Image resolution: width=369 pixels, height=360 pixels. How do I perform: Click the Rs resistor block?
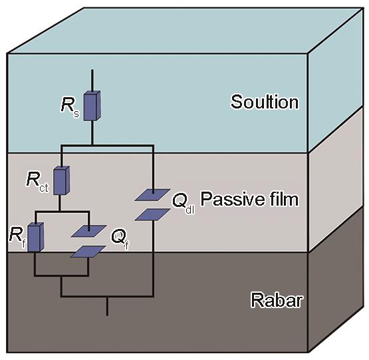pyautogui.click(x=92, y=106)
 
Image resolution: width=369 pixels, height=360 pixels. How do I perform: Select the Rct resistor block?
pyautogui.click(x=61, y=180)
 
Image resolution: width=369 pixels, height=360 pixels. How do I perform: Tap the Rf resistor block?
pyautogui.click(x=35, y=237)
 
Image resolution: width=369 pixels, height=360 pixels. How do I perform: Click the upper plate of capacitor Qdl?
pyautogui.click(x=152, y=194)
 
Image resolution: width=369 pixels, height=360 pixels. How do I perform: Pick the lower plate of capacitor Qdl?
pyautogui.click(x=152, y=214)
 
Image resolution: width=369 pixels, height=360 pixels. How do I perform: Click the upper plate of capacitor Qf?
pyautogui.click(x=88, y=231)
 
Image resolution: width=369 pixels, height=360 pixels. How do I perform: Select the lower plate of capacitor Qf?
pyautogui.click(x=88, y=252)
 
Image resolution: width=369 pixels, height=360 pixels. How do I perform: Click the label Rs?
pyautogui.click(x=70, y=107)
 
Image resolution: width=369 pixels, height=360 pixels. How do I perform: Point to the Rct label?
pyautogui.click(x=38, y=182)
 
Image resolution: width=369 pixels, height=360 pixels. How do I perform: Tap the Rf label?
pyautogui.click(x=17, y=238)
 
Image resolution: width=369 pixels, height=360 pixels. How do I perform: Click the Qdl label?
pyautogui.click(x=184, y=203)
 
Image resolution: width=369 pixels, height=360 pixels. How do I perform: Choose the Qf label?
pyautogui.click(x=120, y=239)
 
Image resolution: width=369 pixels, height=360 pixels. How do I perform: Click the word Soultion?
pyautogui.click(x=265, y=102)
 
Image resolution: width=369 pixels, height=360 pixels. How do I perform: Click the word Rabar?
pyautogui.click(x=277, y=300)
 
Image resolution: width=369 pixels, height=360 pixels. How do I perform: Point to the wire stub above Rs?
pyautogui.click(x=92, y=80)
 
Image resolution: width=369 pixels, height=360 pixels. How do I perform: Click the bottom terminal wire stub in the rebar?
pyautogui.click(x=107, y=306)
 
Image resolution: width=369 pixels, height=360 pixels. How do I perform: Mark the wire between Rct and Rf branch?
pyautogui.click(x=59, y=203)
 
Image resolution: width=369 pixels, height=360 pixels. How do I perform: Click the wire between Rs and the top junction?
pyautogui.click(x=92, y=132)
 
